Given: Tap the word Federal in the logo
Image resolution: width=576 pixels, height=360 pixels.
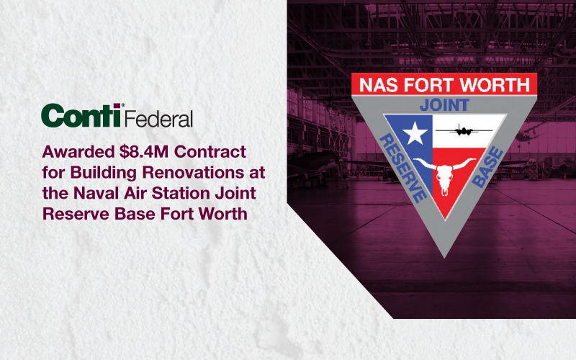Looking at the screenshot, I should point(159,117).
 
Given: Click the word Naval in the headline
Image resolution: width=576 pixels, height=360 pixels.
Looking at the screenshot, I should point(97,194).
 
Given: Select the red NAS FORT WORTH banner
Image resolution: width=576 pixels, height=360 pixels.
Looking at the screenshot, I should point(444,85).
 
